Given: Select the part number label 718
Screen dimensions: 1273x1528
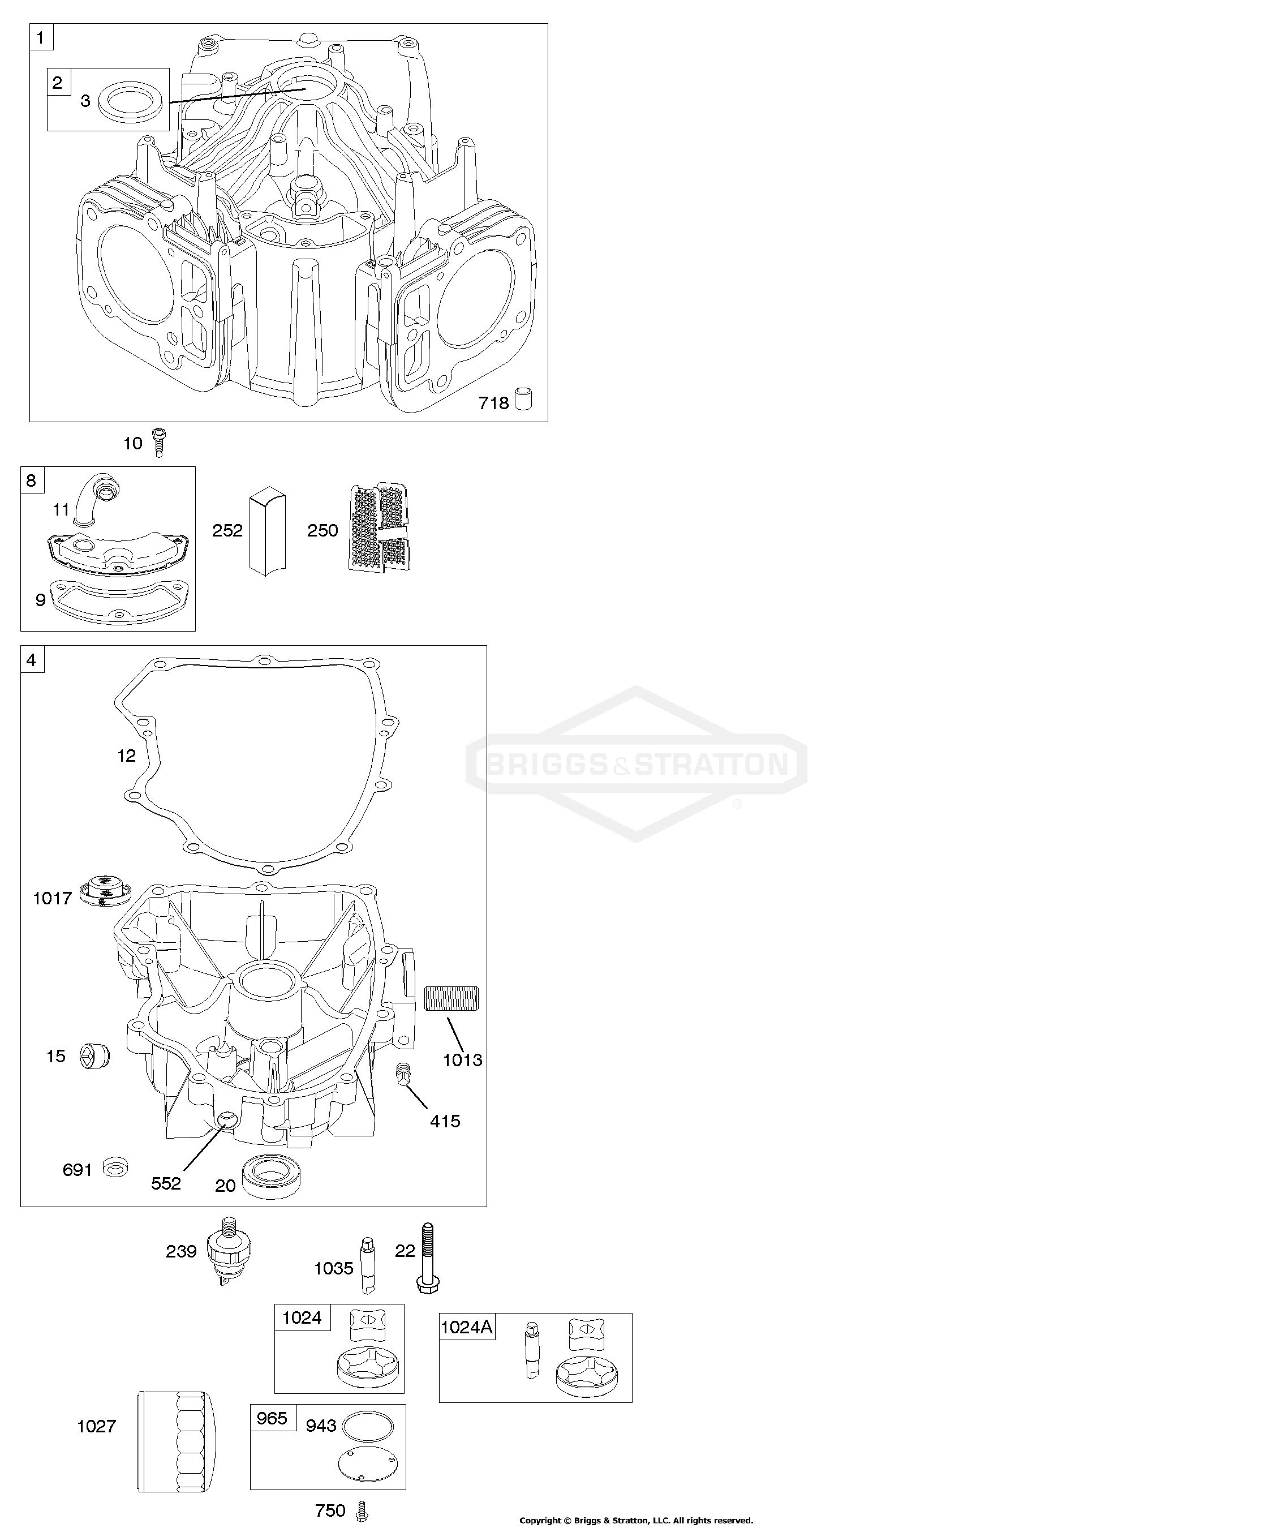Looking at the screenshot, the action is click(x=493, y=402).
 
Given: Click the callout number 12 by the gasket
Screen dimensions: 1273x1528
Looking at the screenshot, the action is click(x=127, y=756).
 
